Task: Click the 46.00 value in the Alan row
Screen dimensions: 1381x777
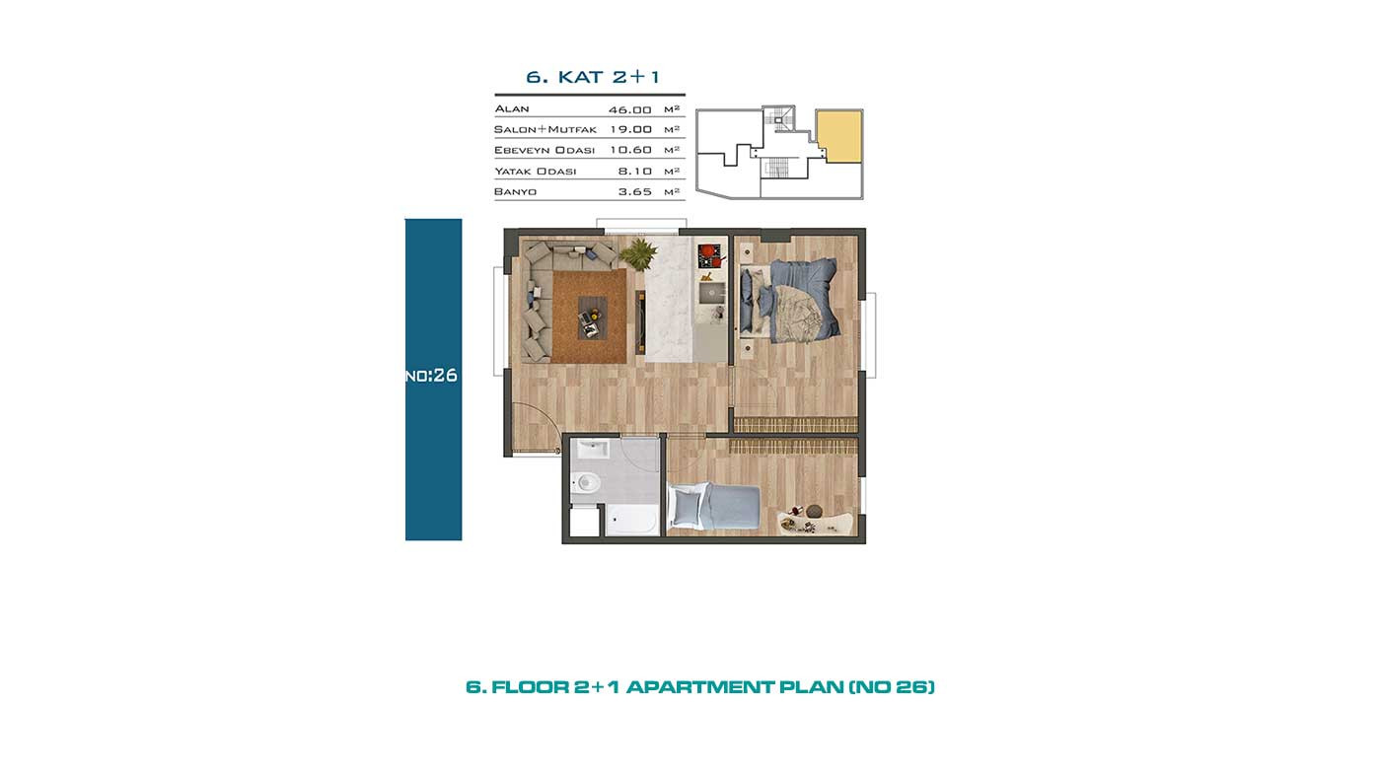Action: click(630, 109)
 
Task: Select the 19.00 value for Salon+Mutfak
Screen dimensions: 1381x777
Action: click(630, 129)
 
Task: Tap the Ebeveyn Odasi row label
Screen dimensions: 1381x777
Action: click(545, 150)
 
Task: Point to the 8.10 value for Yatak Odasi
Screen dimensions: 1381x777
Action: click(635, 172)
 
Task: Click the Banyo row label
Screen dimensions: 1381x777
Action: click(515, 191)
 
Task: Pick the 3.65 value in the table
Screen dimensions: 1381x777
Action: click(635, 191)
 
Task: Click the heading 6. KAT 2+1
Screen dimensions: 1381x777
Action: click(593, 77)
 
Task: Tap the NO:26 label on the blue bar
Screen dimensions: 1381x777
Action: click(432, 376)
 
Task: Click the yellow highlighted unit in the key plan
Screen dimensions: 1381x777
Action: click(839, 136)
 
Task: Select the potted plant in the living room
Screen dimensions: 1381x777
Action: click(638, 253)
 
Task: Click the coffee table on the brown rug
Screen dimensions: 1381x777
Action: click(593, 318)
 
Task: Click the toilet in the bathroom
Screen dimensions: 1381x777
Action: click(586, 481)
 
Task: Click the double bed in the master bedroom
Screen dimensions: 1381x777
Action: click(789, 300)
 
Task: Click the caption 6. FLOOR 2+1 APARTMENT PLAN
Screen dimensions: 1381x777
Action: click(700, 687)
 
